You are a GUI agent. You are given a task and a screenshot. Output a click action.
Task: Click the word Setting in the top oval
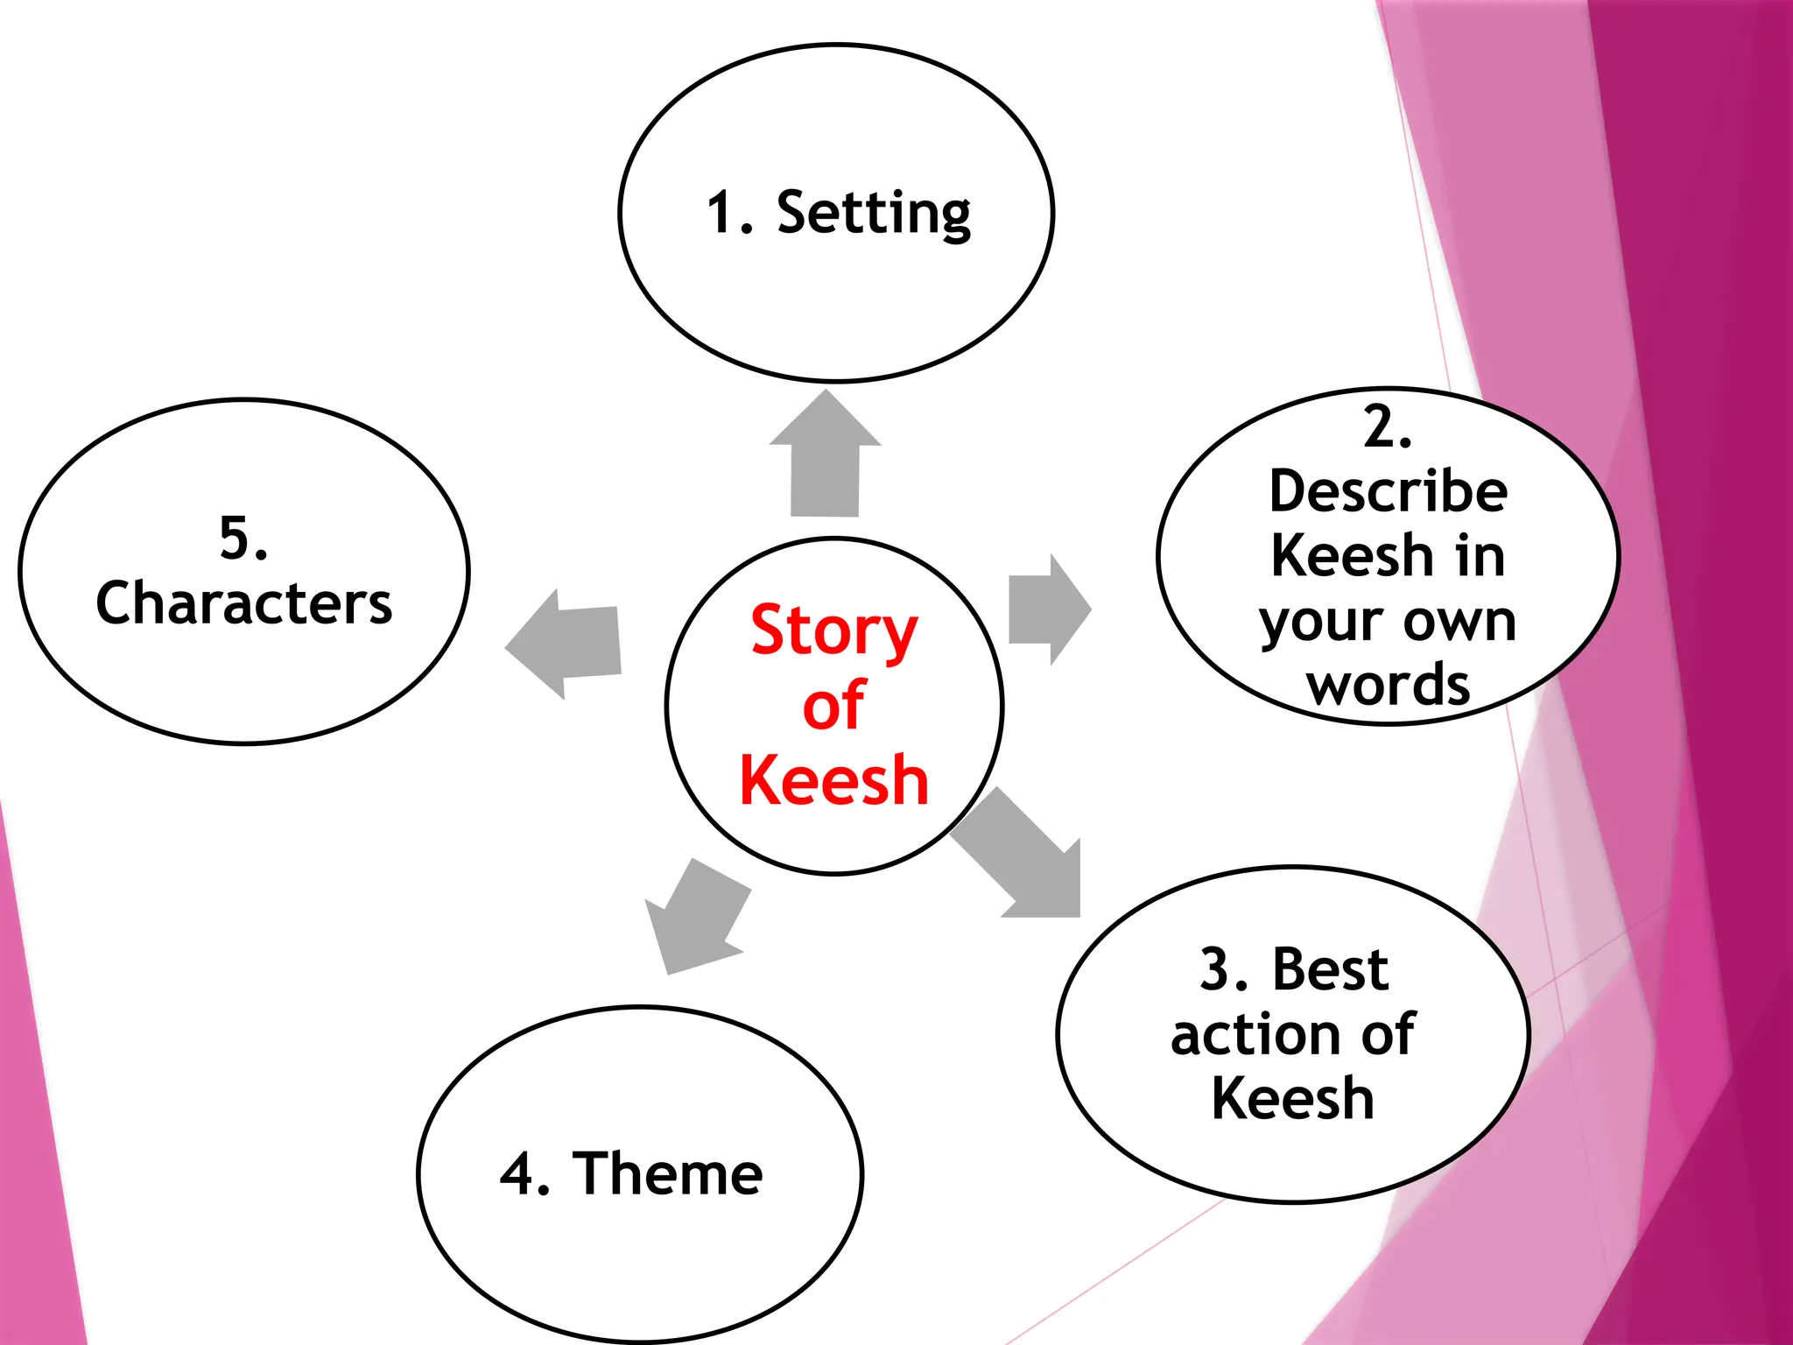874,214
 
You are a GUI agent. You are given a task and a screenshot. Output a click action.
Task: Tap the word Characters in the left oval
244,603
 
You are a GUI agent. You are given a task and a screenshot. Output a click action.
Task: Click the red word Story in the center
833,630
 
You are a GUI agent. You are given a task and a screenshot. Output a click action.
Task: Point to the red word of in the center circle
833,706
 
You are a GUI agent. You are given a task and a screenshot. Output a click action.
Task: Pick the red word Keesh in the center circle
833,780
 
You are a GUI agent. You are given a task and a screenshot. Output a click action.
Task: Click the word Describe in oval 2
1388,491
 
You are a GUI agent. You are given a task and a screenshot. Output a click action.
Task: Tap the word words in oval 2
1388,685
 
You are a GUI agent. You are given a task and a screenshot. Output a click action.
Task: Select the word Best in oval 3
1330,970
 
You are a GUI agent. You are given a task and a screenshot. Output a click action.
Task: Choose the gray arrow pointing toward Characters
567,643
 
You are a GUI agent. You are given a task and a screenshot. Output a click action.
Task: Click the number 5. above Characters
243,538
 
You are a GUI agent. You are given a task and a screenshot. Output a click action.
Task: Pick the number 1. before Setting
729,214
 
